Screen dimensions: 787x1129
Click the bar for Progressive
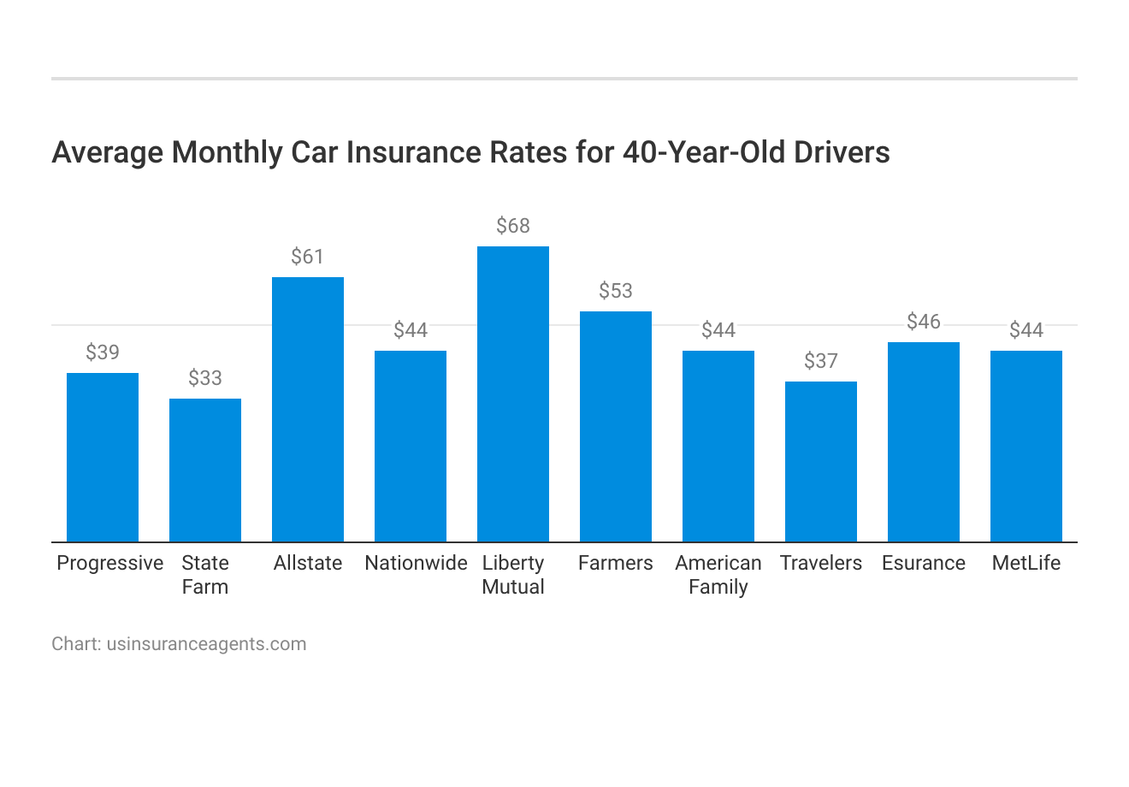tap(103, 457)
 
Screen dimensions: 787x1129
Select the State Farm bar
tap(205, 470)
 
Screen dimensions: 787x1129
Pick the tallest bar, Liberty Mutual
tap(513, 393)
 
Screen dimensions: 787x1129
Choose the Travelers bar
tap(821, 461)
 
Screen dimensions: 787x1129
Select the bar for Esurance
tap(924, 441)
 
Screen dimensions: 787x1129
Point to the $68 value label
tap(513, 226)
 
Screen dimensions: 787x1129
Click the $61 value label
tap(308, 257)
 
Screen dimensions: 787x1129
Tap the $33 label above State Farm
tap(205, 378)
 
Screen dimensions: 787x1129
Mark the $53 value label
tap(616, 291)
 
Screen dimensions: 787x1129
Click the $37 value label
tap(821, 361)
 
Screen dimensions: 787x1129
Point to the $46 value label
tap(924, 322)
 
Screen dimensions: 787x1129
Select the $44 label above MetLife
tap(1026, 330)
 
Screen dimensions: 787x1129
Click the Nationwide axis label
tap(416, 563)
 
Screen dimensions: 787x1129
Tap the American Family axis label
tap(718, 575)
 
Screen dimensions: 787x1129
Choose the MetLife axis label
tap(1026, 563)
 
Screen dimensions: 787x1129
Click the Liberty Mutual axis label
tap(513, 575)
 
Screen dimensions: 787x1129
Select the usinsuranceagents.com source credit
tap(206, 644)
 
